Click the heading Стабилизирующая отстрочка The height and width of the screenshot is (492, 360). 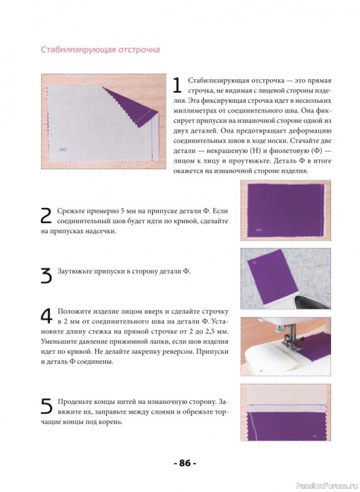pos(100,50)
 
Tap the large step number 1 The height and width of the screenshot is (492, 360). pos(177,85)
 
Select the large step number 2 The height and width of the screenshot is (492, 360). pos(46,216)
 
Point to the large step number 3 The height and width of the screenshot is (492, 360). pos(46,276)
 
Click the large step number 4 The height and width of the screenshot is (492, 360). pos(47,316)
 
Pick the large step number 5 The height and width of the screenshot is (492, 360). pos(46,406)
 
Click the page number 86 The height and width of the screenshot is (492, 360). pos(185,463)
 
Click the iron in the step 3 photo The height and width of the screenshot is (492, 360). pos(311,301)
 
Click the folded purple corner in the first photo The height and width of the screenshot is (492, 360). pos(132,106)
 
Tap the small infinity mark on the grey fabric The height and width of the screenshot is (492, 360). pos(63,149)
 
